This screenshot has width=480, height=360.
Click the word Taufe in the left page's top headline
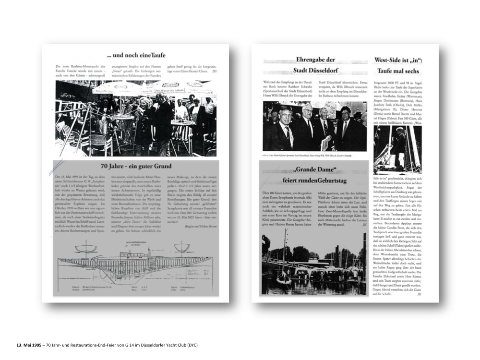(x=155, y=55)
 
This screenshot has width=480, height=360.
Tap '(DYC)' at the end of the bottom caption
(x=192, y=345)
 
